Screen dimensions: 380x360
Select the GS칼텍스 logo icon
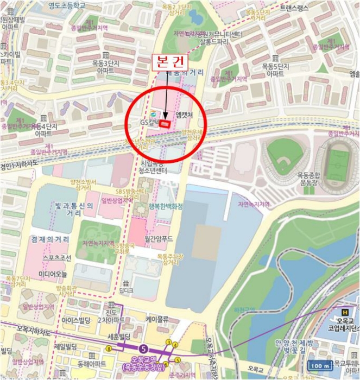153,113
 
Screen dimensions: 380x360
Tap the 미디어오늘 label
53,274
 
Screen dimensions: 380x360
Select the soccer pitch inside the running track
338,162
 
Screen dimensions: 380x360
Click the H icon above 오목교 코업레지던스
344,312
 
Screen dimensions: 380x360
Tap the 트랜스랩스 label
293,7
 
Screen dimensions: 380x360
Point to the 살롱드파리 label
214,41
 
